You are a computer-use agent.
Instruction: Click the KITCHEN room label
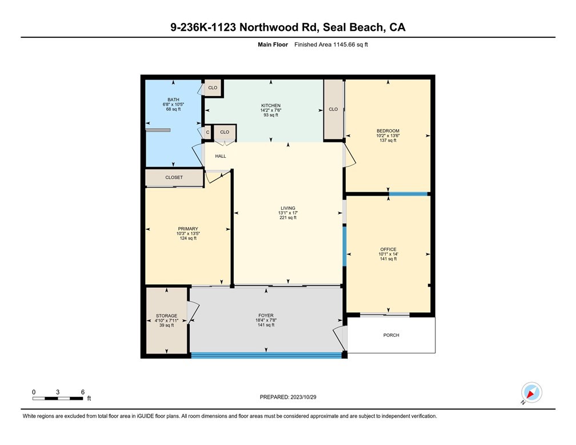coord(271,105)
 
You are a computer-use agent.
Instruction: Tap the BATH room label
coord(173,100)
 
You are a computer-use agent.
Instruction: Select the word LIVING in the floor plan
coord(288,208)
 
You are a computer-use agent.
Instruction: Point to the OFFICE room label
coord(388,249)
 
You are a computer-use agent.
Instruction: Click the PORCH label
coord(391,335)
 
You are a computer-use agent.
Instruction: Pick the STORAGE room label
coord(166,316)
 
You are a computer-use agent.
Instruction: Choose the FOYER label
coord(266,315)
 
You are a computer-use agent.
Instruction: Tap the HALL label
coord(221,156)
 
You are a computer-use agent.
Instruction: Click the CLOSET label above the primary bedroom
coord(174,177)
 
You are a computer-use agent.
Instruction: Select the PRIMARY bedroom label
coord(187,229)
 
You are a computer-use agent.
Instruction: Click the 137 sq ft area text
coord(388,140)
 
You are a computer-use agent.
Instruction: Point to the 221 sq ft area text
coord(288,217)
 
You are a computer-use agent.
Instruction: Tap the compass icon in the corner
coord(531,393)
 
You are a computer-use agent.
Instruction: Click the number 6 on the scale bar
coord(83,392)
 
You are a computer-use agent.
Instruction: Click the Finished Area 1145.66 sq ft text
coord(331,45)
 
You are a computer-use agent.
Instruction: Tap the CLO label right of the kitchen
coord(333,109)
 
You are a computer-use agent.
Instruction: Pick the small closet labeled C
coord(208,132)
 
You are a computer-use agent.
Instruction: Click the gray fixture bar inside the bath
coord(158,130)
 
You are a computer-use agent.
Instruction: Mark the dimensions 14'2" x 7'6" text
coord(271,110)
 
